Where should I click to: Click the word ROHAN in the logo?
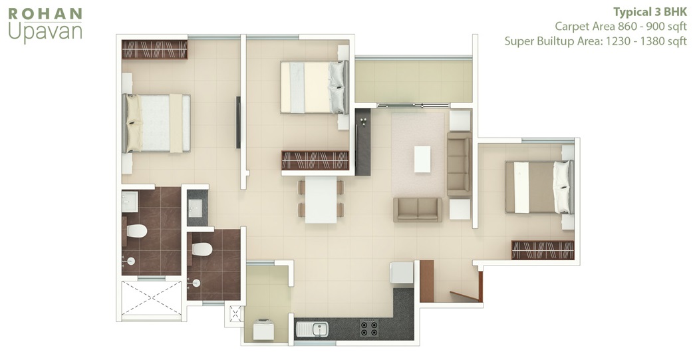click(x=45, y=14)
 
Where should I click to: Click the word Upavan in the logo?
click(x=45, y=33)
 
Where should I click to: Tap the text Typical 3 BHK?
click(x=650, y=12)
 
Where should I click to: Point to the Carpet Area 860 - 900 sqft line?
click(x=621, y=27)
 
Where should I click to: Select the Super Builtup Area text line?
click(x=596, y=41)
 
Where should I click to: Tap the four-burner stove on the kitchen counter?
click(x=369, y=329)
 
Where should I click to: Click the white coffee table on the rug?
click(x=422, y=159)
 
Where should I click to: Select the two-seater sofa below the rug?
click(x=418, y=210)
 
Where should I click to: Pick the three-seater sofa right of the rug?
click(x=460, y=164)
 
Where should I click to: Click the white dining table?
click(x=321, y=200)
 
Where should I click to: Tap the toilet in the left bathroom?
click(x=136, y=231)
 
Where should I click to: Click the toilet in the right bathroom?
click(x=202, y=249)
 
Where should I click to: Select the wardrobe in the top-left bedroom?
click(x=155, y=49)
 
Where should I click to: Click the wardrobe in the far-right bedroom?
click(x=543, y=250)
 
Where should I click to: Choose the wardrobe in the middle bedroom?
click(x=315, y=160)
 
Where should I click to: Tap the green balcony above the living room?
click(x=414, y=81)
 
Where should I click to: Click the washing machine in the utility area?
click(x=263, y=330)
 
